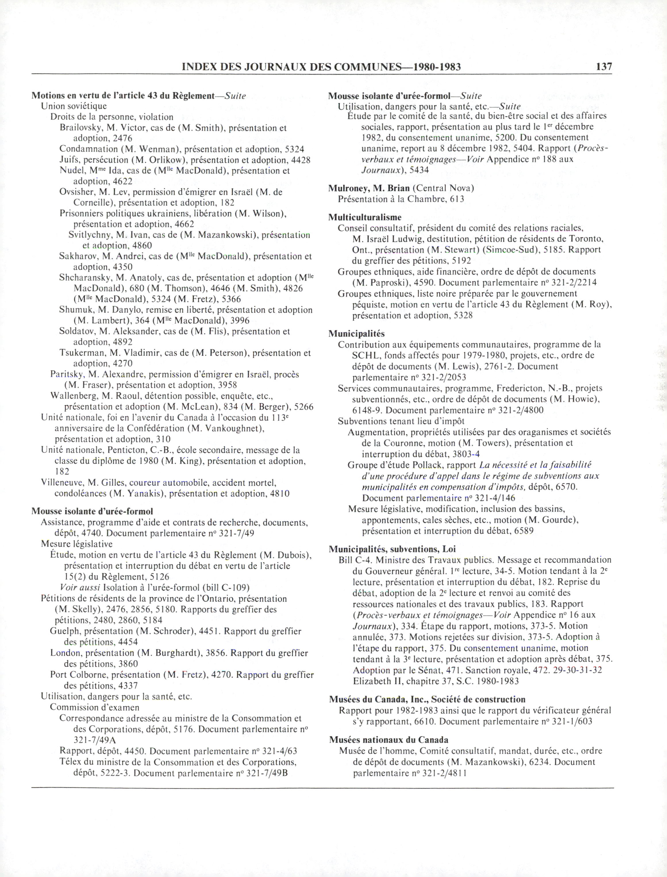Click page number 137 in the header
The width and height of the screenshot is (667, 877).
click(603, 66)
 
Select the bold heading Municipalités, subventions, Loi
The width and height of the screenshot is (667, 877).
click(392, 549)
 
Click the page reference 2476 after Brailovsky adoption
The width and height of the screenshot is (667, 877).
click(122, 139)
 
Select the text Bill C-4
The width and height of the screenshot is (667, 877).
click(355, 560)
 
